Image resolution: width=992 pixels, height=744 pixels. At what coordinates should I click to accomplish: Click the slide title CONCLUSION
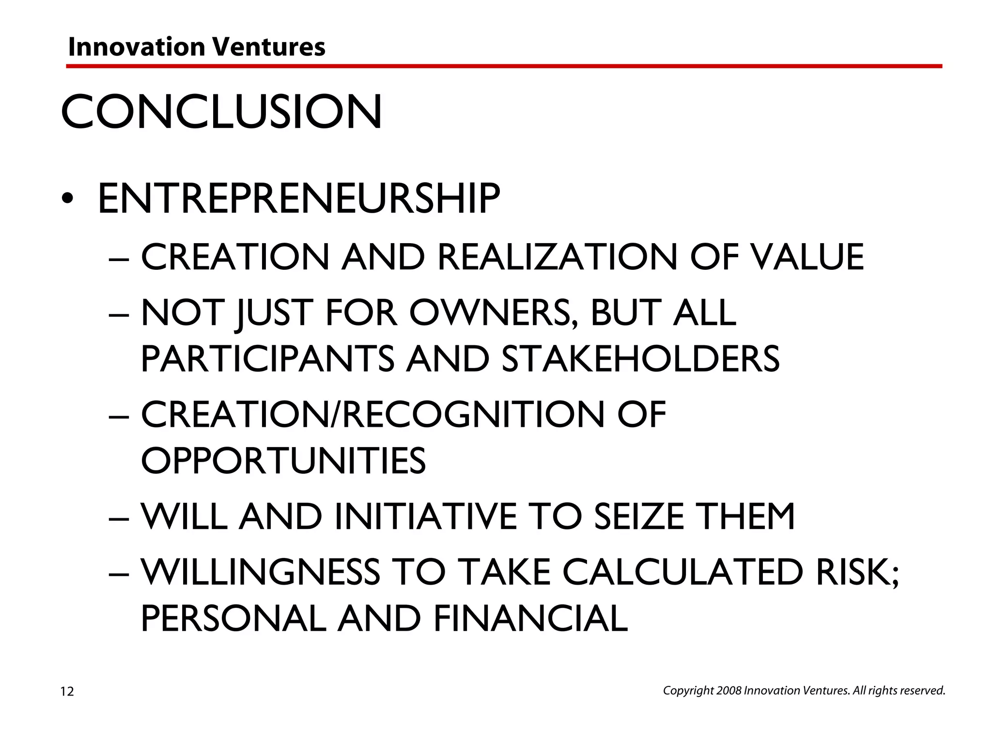[221, 112]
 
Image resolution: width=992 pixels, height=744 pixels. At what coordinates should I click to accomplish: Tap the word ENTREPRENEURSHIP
[299, 199]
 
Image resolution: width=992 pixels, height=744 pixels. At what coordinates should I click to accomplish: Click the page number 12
[67, 692]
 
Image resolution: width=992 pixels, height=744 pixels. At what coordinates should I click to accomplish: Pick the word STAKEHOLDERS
[640, 359]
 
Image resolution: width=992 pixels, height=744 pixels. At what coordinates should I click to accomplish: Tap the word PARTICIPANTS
[267, 359]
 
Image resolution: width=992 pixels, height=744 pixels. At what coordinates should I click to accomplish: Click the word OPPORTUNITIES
[283, 460]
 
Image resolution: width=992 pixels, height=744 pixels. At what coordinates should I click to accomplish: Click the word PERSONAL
[233, 619]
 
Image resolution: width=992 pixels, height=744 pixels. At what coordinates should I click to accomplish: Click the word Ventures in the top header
[269, 47]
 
